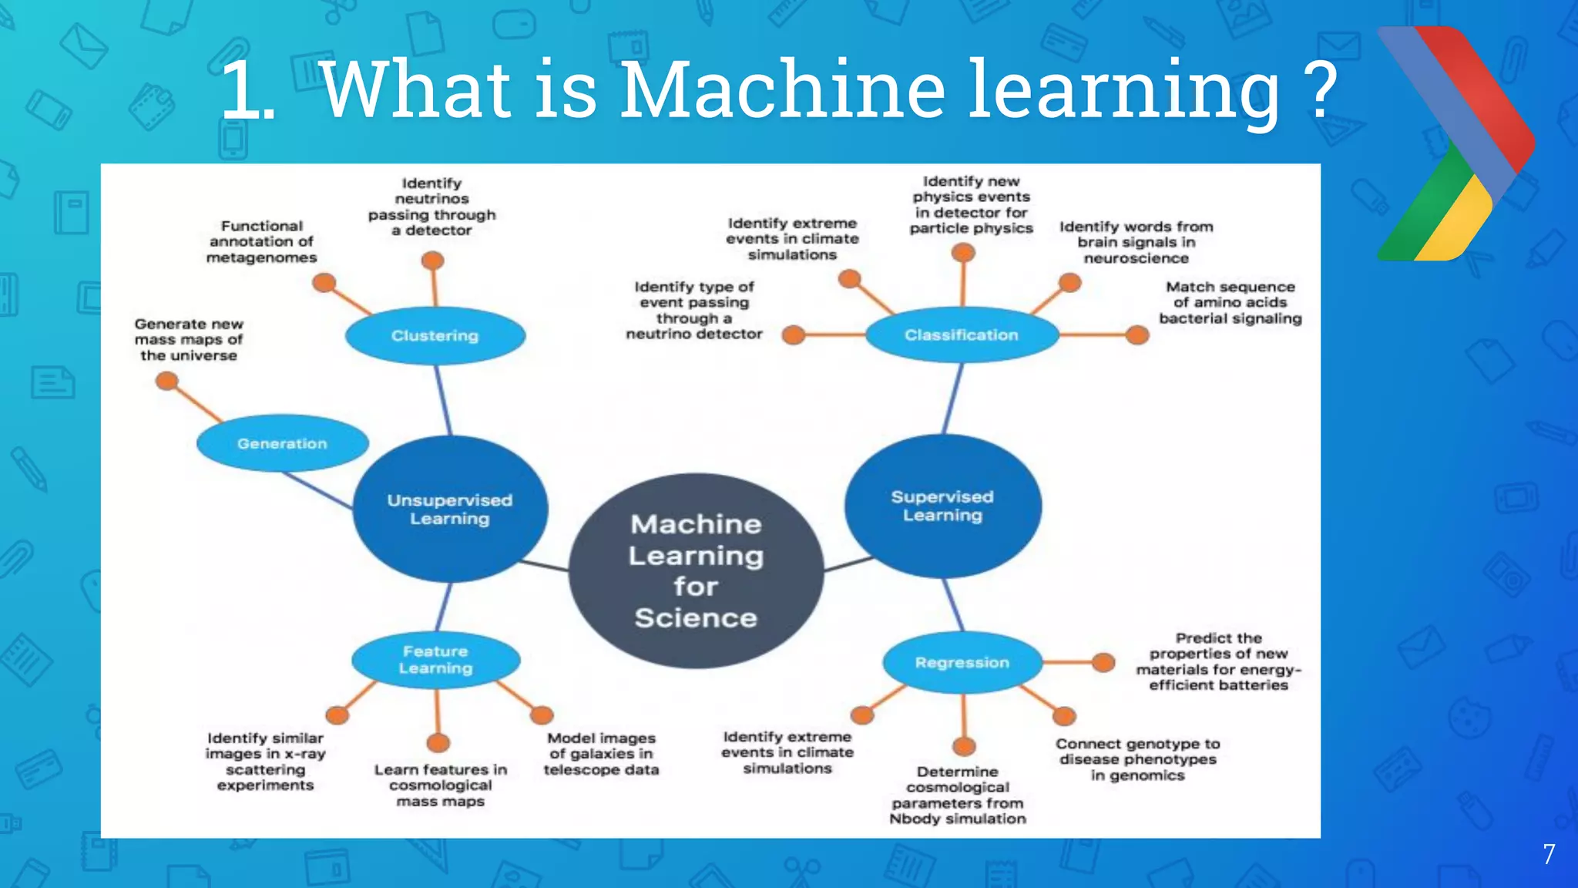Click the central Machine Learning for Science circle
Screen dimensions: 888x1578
(696, 570)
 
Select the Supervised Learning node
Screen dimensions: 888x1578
(942, 506)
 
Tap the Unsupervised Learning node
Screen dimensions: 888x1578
(450, 509)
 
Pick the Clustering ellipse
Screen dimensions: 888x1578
(435, 335)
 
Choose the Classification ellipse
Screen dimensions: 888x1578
(961, 335)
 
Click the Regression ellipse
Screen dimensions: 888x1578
(962, 662)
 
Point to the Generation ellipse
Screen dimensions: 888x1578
(282, 443)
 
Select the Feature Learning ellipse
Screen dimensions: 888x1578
(435, 660)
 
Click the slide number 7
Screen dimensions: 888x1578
(1549, 854)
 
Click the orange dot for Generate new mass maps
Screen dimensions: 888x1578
(167, 381)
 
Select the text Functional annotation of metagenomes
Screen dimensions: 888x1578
(261, 241)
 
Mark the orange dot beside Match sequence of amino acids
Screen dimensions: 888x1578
(1136, 335)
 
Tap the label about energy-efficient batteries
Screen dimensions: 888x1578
(1217, 661)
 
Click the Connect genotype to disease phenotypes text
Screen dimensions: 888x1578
(1137, 759)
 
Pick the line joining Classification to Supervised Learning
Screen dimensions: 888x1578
(953, 398)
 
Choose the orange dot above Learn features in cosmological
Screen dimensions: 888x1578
(438, 742)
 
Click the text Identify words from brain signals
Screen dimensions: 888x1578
(1136, 242)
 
